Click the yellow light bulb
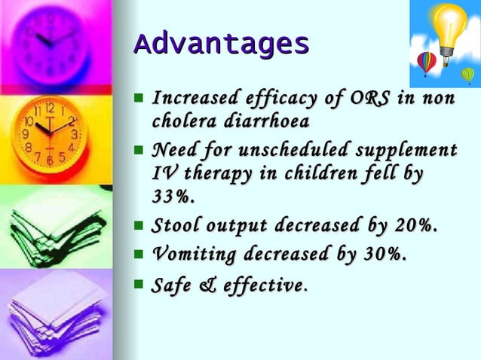tap(449, 26)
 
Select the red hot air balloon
tap(427, 63)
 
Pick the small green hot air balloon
tap(468, 75)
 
